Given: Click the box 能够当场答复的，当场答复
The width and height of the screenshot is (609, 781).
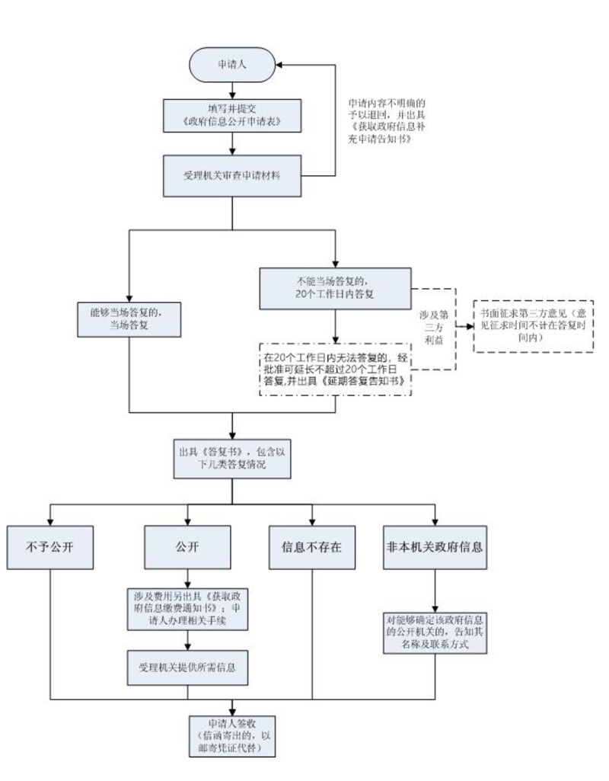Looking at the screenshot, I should [x=129, y=319].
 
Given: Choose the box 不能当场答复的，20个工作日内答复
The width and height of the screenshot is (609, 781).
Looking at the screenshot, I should [x=335, y=288].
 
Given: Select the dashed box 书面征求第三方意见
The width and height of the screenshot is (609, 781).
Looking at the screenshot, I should [x=534, y=325].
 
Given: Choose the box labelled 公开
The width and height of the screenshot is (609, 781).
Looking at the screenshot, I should [x=187, y=547].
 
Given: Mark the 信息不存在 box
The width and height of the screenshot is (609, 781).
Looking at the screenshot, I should [x=312, y=547].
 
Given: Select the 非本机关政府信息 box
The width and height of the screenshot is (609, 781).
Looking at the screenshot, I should [x=435, y=547].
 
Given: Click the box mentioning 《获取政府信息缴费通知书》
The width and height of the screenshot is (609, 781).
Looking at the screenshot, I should [x=187, y=608].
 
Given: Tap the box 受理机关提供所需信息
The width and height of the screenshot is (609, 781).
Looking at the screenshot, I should [x=187, y=667].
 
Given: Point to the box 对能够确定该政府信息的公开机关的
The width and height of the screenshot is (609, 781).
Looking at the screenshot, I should [x=435, y=632].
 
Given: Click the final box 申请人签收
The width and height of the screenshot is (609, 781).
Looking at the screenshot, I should [x=231, y=735].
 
